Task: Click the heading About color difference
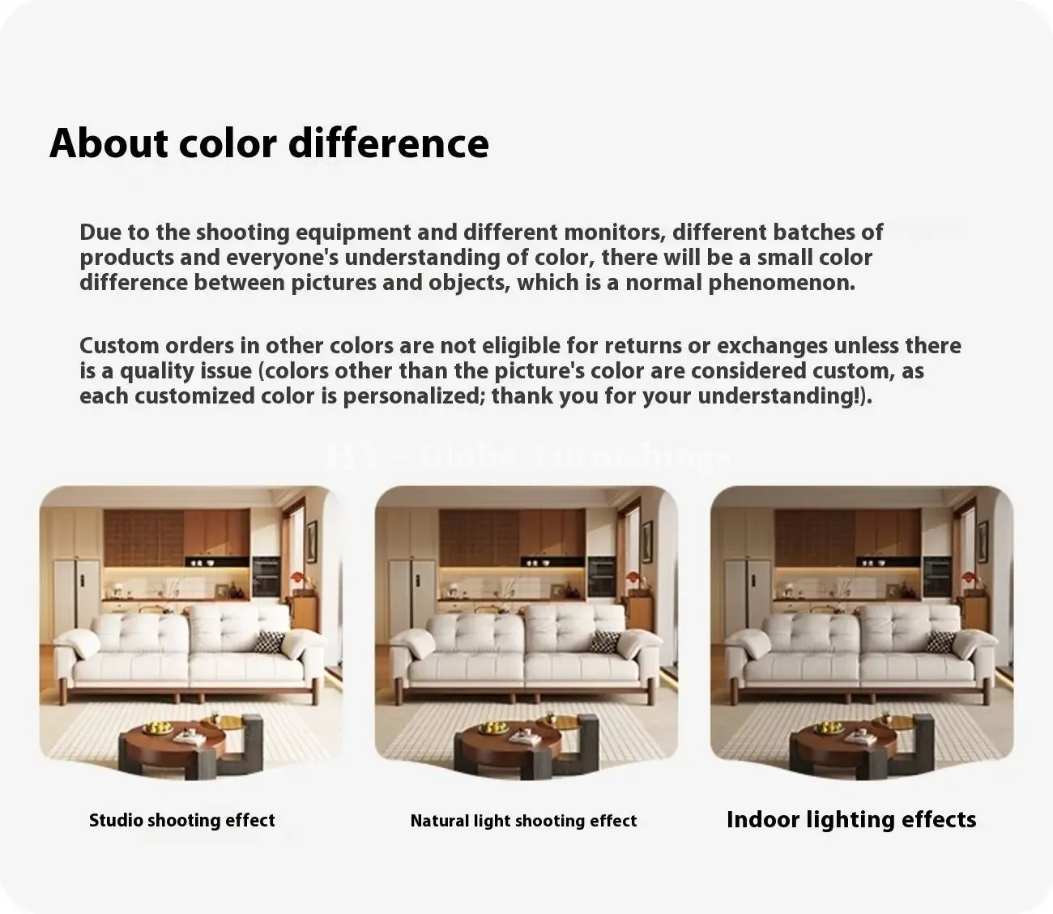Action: [x=269, y=143]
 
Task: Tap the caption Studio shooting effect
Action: [x=181, y=820]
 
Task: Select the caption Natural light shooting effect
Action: [x=523, y=820]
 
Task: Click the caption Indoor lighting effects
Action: [x=851, y=820]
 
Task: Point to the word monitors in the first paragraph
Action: [x=612, y=232]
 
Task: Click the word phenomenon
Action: [x=782, y=284]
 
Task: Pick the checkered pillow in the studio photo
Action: [x=269, y=642]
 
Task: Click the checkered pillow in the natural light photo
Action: [x=605, y=642]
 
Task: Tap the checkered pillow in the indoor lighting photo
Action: [x=940, y=642]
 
